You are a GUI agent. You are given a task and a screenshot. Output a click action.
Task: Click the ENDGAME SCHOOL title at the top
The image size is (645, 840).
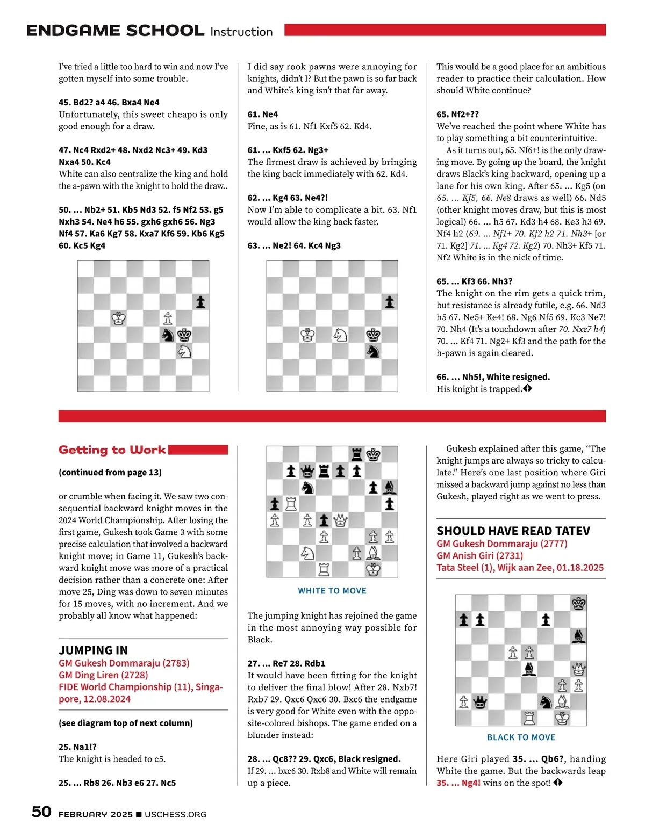115,31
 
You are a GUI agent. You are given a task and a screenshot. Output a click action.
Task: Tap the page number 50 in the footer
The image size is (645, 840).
41,812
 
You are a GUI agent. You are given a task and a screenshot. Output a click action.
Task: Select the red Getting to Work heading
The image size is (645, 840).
112,450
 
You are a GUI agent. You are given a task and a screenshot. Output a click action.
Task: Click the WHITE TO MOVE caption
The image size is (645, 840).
332,591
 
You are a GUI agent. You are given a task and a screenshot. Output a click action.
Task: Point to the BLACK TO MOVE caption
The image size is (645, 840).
521,737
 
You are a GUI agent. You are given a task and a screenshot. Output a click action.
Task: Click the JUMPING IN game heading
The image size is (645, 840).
93,650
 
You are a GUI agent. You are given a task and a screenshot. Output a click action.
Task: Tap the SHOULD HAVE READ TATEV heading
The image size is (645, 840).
513,531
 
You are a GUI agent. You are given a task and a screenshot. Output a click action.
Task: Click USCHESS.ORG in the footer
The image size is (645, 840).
175,814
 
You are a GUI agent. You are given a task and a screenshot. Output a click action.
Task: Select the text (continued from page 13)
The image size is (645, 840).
110,473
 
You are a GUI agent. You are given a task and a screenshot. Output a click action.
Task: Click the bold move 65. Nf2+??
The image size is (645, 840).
457,114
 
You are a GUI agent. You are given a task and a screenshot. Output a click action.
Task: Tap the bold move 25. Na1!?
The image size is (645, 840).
77,747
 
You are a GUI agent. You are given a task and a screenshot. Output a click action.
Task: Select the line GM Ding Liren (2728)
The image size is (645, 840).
103,675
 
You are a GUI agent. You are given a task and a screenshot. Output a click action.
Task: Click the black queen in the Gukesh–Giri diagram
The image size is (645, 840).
479,702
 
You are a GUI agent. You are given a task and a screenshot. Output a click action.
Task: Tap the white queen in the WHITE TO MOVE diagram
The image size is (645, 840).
340,520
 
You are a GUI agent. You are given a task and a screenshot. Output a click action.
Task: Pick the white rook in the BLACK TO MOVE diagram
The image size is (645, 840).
529,718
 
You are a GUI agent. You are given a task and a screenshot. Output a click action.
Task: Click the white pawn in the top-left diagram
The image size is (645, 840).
168,318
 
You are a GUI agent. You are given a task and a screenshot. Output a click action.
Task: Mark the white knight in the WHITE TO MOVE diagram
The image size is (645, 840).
307,553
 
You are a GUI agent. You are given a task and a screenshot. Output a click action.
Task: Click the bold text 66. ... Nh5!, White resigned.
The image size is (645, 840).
493,377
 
